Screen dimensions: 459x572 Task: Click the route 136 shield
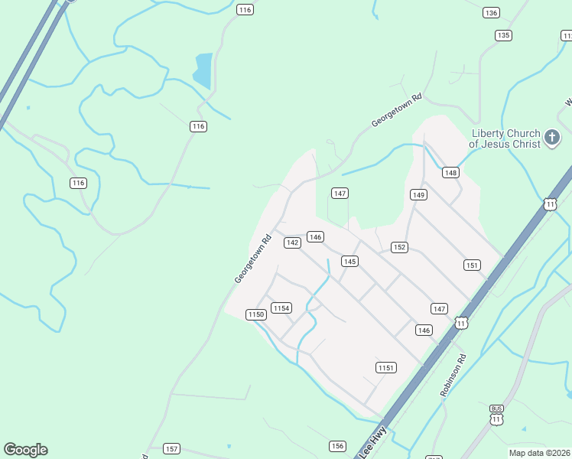[491, 13]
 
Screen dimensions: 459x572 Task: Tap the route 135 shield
[502, 35]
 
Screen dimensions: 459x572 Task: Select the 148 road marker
[450, 173]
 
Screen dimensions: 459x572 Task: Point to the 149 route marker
[418, 195]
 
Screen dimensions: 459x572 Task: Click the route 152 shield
[399, 247]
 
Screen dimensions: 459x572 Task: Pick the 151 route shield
[472, 265]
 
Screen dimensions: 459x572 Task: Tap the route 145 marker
[349, 262]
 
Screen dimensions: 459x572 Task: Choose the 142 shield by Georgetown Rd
[291, 243]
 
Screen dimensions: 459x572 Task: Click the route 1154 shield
[281, 308]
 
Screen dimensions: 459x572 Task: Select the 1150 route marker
[255, 314]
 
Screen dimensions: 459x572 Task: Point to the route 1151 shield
[386, 368]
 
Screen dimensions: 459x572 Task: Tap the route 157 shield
[171, 449]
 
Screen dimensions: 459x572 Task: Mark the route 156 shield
[337, 446]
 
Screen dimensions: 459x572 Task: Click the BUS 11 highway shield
[497, 415]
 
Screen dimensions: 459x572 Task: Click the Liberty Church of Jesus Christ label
[504, 138]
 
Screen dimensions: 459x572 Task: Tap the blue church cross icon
[552, 138]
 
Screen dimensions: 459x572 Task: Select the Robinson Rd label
[453, 375]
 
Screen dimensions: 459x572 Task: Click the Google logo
[25, 450]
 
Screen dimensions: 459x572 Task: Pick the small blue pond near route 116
[203, 70]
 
